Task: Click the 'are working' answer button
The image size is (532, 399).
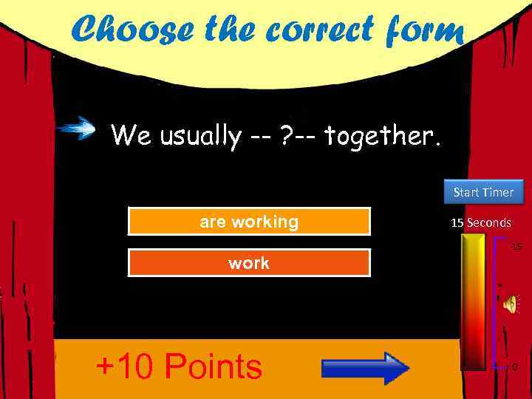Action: pos(249,222)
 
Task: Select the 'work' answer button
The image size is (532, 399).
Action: pos(249,263)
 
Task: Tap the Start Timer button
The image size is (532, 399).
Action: pos(483,192)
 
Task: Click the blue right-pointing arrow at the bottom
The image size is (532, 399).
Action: pos(366,367)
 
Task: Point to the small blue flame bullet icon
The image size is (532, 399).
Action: pos(78,130)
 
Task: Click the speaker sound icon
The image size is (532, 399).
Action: pos(511,302)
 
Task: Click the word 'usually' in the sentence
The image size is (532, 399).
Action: pos(199,136)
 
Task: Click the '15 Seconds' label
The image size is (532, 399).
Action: pos(481,222)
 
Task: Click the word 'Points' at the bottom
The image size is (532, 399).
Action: pos(214,366)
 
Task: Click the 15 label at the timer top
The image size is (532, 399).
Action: pos(516,246)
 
